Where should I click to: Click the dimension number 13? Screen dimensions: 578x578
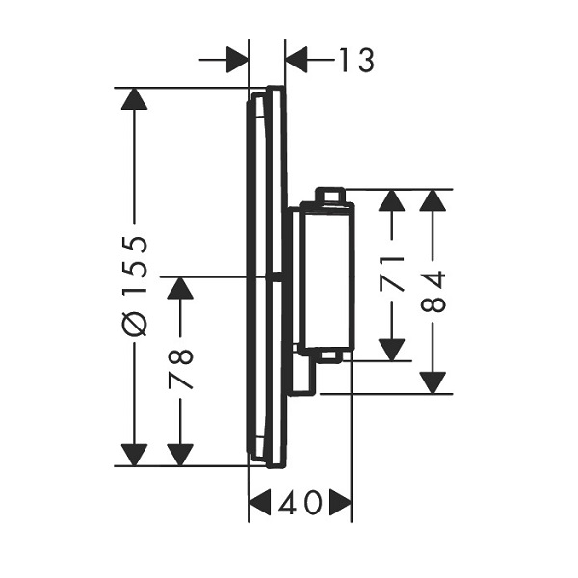(x=356, y=60)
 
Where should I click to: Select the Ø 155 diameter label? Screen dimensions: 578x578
(x=135, y=286)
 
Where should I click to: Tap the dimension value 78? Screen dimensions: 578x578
(x=181, y=369)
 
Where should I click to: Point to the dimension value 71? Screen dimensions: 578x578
(x=392, y=275)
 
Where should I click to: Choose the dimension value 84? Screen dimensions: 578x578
(x=433, y=291)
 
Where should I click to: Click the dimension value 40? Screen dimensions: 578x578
(x=300, y=502)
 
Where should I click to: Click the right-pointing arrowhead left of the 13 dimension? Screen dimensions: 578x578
(x=237, y=60)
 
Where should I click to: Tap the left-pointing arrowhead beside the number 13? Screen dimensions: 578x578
(x=297, y=60)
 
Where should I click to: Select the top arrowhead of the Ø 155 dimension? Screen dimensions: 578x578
(x=134, y=99)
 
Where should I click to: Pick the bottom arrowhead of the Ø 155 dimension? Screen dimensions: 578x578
(x=134, y=455)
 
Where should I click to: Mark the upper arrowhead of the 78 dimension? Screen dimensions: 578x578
(x=180, y=287)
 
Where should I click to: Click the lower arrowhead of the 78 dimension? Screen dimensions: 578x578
(x=180, y=455)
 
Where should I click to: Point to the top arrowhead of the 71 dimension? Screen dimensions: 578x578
(x=392, y=200)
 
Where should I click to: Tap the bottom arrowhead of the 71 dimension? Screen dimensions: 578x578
(x=392, y=350)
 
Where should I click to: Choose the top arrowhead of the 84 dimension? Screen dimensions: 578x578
(x=433, y=200)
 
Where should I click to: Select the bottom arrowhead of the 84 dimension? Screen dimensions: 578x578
(x=433, y=383)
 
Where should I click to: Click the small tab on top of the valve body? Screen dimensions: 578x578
(x=330, y=195)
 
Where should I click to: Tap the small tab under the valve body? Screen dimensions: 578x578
(x=330, y=356)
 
